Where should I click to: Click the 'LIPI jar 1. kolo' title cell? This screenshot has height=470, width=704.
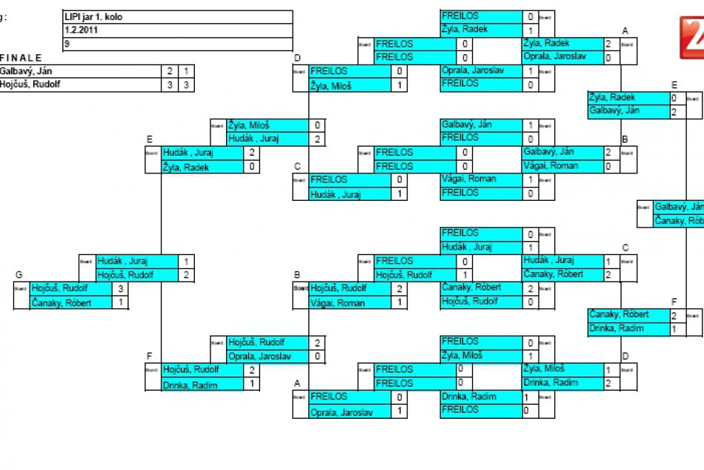(x=177, y=16)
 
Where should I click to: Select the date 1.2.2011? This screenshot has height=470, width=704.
(x=177, y=30)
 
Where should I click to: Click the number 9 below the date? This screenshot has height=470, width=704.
(x=177, y=44)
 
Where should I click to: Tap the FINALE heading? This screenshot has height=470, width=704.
(x=22, y=58)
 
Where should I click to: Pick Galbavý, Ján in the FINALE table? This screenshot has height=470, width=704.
(x=30, y=71)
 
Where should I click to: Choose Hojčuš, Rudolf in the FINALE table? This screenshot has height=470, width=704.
(x=30, y=85)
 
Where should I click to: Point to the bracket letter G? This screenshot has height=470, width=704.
(x=19, y=274)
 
